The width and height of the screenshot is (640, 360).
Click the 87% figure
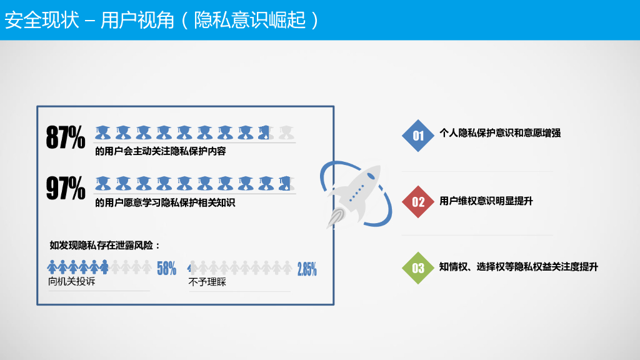[x=66, y=137]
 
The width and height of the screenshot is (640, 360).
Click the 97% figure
[x=66, y=188]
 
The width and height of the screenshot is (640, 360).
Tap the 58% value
[x=166, y=269]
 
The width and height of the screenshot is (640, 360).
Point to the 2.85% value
[x=307, y=269]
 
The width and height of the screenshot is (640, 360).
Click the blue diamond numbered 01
[x=418, y=135]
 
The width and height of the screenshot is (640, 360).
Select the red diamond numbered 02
[x=418, y=201]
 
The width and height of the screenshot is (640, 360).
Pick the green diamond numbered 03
[x=418, y=268]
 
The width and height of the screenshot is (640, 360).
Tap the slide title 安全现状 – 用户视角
[x=162, y=20]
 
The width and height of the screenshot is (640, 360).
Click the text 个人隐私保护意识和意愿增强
[x=500, y=133]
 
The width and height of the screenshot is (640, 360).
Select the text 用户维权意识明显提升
[x=486, y=201]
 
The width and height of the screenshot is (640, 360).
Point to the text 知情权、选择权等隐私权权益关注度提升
[x=519, y=267]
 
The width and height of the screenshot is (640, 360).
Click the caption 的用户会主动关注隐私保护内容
[x=160, y=151]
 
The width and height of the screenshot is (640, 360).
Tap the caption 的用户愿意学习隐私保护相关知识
[x=165, y=203]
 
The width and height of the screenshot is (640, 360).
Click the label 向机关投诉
[x=72, y=282]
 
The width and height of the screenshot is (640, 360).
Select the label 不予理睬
[x=207, y=282]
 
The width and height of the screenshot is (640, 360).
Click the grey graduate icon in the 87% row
[x=286, y=132]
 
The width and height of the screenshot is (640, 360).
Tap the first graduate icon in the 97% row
[x=103, y=182]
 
